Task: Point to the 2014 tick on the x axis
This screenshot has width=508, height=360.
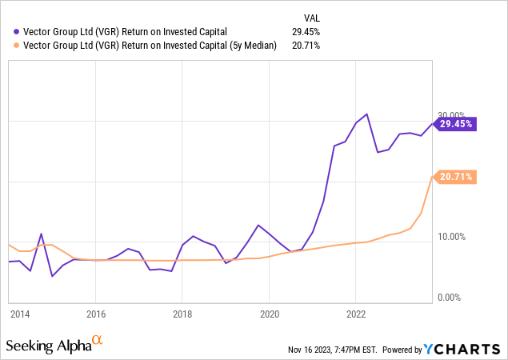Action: click(21, 314)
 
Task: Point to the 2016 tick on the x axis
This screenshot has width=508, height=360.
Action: click(95, 314)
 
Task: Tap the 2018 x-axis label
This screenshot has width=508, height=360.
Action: click(182, 314)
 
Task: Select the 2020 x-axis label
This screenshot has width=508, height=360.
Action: click(270, 314)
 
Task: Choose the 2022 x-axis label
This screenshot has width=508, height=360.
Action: click(356, 314)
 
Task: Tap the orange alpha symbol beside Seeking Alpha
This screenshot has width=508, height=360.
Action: click(98, 341)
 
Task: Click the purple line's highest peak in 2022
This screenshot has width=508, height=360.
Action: click(366, 114)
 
